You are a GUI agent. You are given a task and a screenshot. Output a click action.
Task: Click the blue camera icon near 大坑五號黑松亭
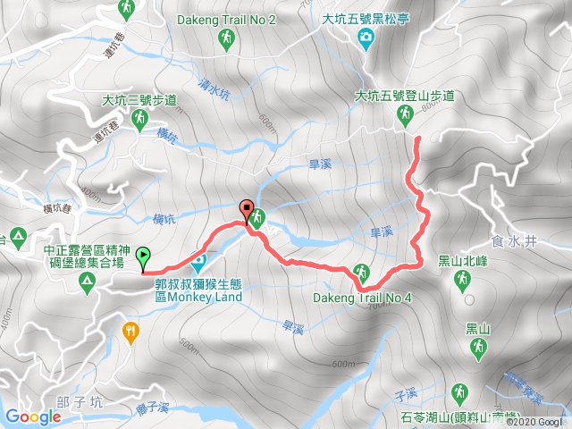366,37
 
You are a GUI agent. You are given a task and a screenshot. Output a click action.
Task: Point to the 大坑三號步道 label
139,100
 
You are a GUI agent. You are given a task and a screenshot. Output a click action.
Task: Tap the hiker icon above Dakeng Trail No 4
362,272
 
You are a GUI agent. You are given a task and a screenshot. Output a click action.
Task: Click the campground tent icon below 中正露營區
87,283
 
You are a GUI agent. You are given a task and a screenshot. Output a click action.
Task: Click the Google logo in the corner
33,416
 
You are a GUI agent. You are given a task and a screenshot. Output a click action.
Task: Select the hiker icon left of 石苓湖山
458,392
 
